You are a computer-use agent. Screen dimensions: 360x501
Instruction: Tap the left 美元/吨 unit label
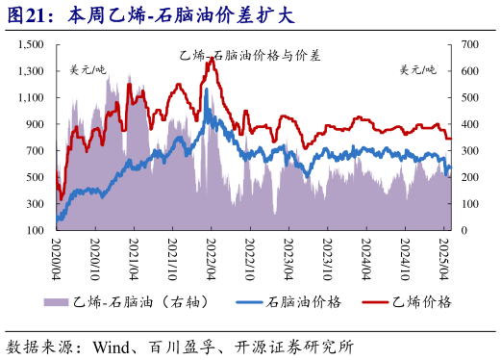pos(88,69)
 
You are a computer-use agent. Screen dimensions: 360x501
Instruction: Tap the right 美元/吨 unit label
pos(417,69)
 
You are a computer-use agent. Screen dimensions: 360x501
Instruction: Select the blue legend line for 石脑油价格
pos(243,302)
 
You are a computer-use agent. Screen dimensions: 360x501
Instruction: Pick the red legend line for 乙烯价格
pos(374,302)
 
